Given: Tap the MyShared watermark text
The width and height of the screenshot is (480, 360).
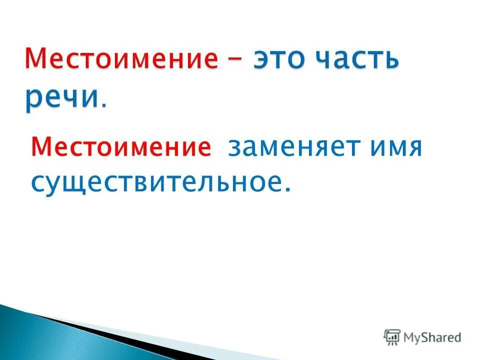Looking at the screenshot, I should pos(432,338).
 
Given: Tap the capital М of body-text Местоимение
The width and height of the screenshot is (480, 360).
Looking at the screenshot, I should pos(41,148).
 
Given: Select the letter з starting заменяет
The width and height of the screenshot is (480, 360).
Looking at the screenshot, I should pos(234,149).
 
